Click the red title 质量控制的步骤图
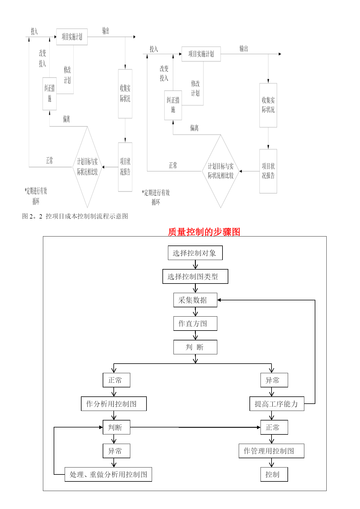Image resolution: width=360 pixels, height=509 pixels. point(204,232)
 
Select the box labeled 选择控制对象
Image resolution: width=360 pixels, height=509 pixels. point(195,253)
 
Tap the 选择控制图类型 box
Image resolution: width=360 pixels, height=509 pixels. point(195,277)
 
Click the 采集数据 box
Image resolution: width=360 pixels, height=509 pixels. point(195,300)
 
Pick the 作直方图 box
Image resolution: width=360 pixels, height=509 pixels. point(195,324)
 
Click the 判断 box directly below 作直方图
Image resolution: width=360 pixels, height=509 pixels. point(195,347)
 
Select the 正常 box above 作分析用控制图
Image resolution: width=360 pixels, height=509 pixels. point(116,380)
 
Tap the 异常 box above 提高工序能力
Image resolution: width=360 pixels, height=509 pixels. point(274,380)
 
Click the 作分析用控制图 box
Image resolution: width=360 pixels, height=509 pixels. point(114,404)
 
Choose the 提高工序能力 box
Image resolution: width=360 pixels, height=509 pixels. point(277,404)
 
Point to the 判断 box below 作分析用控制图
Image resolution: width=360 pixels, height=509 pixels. point(116,427)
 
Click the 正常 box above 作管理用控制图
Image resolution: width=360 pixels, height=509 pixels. point(274,427)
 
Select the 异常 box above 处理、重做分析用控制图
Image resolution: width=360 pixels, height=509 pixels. point(116,451)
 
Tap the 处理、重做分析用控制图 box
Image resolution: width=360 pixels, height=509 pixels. point(108,474)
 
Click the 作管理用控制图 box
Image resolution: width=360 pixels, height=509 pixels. point(271,451)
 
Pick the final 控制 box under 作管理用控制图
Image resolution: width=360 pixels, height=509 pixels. point(274,474)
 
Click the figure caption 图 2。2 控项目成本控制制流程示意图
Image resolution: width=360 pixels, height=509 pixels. point(75,216)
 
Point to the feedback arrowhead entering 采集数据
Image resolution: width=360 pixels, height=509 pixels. point(219,300)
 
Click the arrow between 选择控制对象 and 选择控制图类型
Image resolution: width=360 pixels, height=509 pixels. point(195,265)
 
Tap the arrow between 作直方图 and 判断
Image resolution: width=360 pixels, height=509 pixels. point(195,335)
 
